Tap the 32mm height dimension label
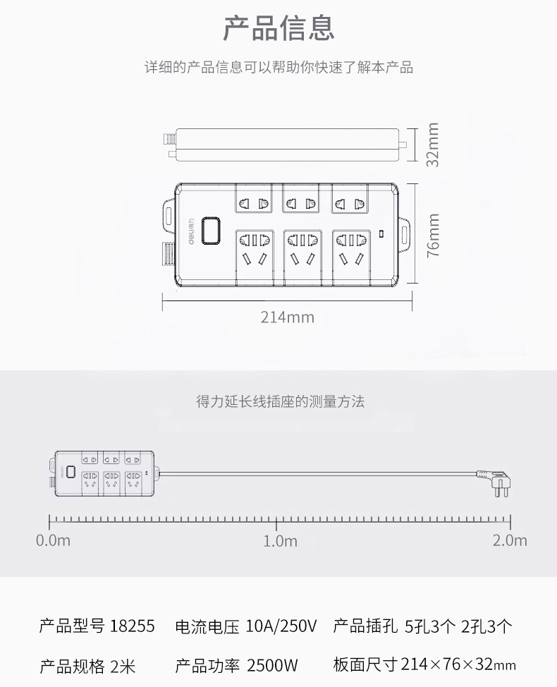click(432, 145)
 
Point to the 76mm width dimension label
click(432, 235)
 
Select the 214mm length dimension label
click(288, 317)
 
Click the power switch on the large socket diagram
click(210, 231)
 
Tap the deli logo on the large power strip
click(192, 231)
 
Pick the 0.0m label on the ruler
click(53, 541)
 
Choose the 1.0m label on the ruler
click(280, 541)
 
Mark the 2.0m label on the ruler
click(510, 541)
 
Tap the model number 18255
click(132, 626)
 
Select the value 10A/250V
click(282, 626)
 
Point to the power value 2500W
click(272, 665)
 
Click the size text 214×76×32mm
click(458, 664)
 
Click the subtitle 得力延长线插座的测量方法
click(280, 402)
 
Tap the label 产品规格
click(72, 665)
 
